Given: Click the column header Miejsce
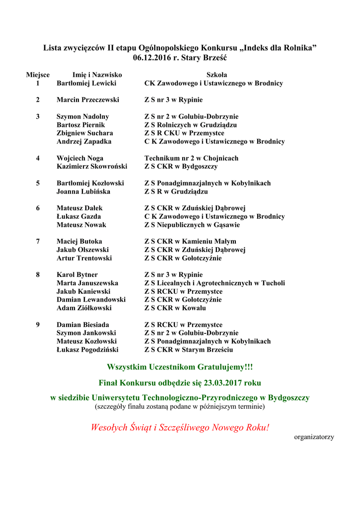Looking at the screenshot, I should [x=38, y=75].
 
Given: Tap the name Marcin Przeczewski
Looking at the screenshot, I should [x=88, y=100].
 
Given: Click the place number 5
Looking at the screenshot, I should [x=38, y=183].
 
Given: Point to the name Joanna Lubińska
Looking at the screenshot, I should [x=83, y=191].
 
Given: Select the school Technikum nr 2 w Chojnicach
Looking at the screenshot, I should [x=191, y=158].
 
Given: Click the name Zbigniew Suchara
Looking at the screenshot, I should [x=85, y=133].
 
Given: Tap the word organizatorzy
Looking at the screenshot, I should [x=314, y=437].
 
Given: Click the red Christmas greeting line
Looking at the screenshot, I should [x=180, y=427].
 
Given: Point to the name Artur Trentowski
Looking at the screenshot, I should [x=84, y=258].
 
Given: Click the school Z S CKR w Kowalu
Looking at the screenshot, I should [x=175, y=308].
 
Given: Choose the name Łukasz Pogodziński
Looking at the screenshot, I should [x=87, y=350].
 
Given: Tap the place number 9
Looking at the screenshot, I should [x=38, y=324].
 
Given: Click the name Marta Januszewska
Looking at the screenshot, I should [x=87, y=283].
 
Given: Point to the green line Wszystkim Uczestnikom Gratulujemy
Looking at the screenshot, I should [x=180, y=367].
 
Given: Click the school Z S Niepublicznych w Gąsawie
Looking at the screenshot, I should [x=192, y=225].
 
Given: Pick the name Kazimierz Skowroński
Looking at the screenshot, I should [x=92, y=166].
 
